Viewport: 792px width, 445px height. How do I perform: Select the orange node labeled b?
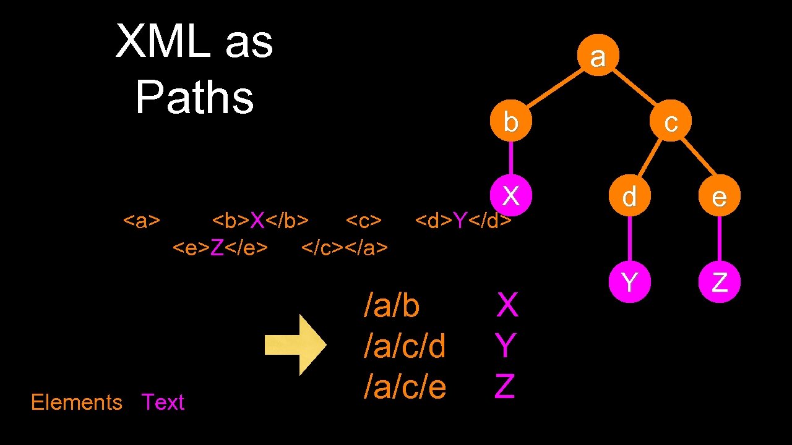[510, 122]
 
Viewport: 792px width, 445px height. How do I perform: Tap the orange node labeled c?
[671, 122]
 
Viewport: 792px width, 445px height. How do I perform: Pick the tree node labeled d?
[629, 197]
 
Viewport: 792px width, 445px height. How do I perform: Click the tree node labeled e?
[719, 197]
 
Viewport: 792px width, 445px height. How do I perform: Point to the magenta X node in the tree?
[510, 195]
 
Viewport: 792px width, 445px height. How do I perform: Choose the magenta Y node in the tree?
[629, 282]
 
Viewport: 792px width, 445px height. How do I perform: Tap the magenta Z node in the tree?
[719, 282]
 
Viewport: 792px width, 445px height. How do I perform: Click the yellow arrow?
[295, 345]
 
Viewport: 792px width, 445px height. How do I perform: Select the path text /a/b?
[392, 305]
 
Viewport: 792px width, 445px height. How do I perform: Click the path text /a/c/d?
[405, 346]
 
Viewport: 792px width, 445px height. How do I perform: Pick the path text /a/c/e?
[405, 387]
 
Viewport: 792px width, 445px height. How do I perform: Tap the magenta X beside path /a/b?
[507, 305]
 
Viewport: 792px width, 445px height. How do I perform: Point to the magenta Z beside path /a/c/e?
[505, 387]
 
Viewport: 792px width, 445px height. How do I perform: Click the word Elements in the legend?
[77, 402]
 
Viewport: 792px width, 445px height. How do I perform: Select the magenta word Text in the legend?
[163, 402]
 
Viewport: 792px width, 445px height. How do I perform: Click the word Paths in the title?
[195, 97]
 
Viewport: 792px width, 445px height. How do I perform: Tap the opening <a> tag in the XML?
[142, 220]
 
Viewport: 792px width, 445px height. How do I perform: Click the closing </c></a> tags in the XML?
[345, 248]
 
